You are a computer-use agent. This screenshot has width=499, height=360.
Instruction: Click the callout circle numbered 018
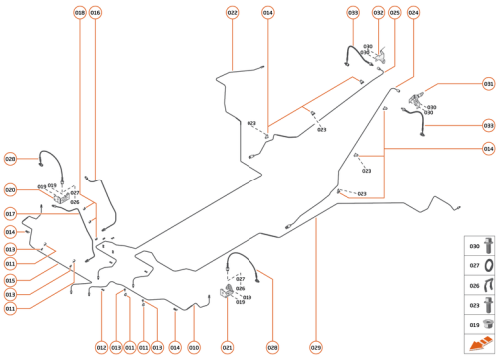80,13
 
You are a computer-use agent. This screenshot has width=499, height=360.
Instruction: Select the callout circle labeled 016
95,13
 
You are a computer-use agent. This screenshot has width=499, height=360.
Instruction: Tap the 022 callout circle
232,13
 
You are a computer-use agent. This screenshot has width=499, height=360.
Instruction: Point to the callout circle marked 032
379,13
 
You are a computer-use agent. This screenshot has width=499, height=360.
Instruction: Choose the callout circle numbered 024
413,13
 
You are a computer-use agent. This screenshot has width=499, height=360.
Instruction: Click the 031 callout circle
488,85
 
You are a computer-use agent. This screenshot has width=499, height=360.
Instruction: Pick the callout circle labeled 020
10,189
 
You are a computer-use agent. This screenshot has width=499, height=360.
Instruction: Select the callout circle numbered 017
10,214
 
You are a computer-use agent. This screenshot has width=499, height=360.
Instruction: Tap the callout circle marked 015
10,280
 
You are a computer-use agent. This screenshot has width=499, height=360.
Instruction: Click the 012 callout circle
101,347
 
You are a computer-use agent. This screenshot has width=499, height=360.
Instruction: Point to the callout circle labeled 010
194,347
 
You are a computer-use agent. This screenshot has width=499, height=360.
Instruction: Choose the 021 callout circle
228,347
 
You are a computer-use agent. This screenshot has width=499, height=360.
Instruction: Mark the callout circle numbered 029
316,347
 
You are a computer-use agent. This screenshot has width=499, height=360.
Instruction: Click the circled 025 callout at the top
395,13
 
